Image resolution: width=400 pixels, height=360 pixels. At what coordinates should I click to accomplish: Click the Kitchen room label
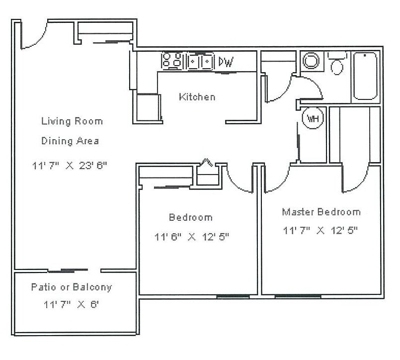tap(197, 97)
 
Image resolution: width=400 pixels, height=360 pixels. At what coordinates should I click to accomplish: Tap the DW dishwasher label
tap(226, 62)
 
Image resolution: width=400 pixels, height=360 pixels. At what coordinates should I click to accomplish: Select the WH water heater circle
tap(313, 118)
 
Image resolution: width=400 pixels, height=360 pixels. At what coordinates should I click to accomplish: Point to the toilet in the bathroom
tap(337, 63)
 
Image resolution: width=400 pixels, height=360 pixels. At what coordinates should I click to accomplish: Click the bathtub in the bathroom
tap(365, 76)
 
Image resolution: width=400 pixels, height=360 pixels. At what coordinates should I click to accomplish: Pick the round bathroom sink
tap(311, 61)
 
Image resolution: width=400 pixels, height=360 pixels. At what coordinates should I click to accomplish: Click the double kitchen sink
tap(200, 61)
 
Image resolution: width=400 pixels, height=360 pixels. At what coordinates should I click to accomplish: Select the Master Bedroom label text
tap(321, 212)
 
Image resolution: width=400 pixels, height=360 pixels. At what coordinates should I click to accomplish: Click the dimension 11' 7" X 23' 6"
tap(70, 166)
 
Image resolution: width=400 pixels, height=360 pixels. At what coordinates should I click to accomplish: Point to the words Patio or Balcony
tap(72, 287)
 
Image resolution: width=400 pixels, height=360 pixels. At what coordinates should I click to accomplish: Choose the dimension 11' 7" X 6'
tap(71, 304)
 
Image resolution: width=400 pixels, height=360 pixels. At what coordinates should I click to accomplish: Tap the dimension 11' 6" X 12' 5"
tap(192, 237)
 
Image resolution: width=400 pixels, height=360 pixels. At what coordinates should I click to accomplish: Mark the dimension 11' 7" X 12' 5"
tap(320, 230)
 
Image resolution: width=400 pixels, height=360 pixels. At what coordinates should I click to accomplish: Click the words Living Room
tap(72, 121)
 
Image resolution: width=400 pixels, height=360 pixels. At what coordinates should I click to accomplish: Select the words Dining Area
tap(70, 141)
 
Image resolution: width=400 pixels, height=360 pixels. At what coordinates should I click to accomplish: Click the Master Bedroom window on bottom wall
tap(298, 296)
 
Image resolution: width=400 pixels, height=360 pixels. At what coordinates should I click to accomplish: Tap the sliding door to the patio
tap(69, 270)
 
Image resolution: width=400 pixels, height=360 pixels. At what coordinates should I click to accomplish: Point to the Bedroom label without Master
tap(191, 217)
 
